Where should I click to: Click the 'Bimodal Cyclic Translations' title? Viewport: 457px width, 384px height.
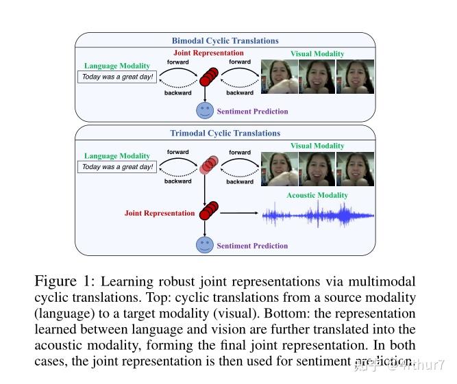pos(225,40)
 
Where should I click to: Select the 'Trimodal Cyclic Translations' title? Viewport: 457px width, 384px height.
pos(225,133)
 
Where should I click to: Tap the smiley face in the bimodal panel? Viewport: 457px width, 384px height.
pos(204,110)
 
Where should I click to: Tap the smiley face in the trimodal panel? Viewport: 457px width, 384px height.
pos(204,244)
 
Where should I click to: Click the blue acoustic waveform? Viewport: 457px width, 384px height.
pos(319,215)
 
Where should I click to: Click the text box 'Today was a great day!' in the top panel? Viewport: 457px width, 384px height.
pos(116,77)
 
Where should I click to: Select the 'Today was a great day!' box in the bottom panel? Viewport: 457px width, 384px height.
pos(116,167)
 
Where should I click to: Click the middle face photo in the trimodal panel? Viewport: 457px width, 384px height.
pos(317,170)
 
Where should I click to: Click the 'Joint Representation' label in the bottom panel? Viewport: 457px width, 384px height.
pos(160,213)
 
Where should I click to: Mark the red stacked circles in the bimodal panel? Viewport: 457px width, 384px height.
pos(208,77)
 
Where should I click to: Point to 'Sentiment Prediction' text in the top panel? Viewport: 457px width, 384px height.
pos(252,112)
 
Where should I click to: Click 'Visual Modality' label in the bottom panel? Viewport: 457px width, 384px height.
pos(318,146)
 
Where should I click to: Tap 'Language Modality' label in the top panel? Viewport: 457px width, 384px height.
pos(116,66)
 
